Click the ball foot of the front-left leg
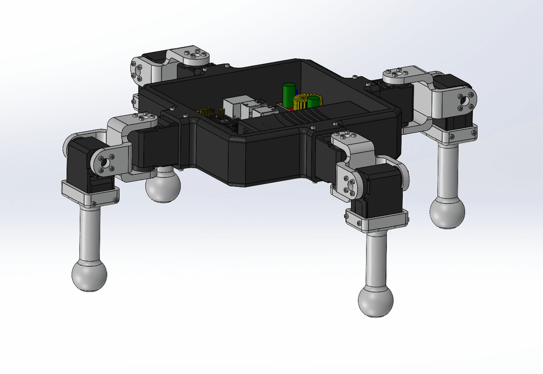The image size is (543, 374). point(89,275)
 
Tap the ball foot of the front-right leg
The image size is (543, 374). point(376,301)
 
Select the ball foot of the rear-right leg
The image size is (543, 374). point(447,213)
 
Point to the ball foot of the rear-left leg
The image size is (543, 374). point(163,185)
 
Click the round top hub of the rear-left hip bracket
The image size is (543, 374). point(195,56)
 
